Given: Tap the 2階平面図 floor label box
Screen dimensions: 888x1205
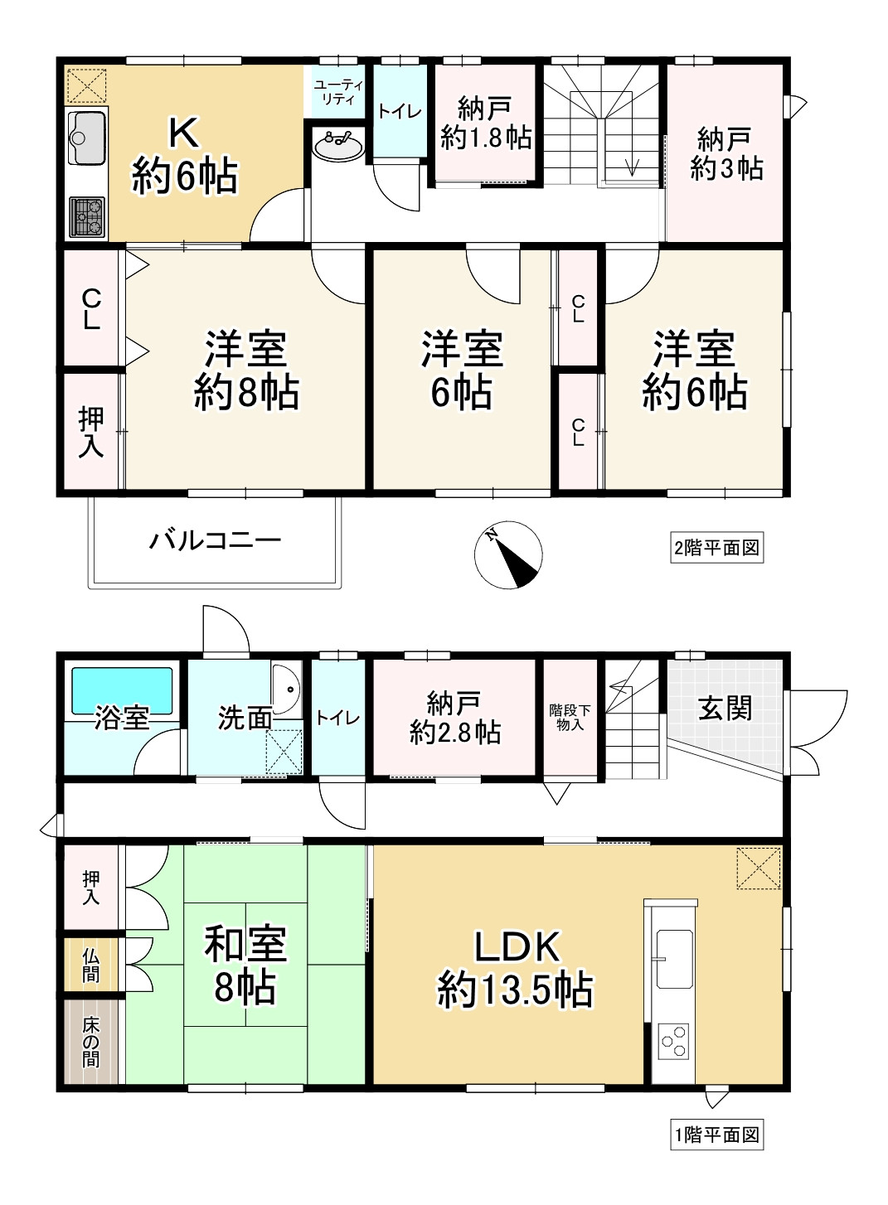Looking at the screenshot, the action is [717, 548].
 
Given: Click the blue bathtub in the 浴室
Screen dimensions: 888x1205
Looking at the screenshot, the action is [122, 690].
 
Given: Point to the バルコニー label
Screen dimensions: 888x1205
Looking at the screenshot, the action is [216, 540].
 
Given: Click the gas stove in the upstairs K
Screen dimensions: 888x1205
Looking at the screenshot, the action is [87, 217].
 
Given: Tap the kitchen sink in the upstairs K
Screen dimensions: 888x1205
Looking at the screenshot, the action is [87, 138].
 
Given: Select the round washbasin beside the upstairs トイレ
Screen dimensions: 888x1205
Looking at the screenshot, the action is [338, 146].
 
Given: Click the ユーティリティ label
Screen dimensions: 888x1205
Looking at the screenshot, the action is [339, 92].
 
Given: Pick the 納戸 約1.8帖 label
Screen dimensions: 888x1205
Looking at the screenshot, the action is [486, 123].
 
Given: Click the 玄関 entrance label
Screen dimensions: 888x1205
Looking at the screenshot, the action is [725, 708].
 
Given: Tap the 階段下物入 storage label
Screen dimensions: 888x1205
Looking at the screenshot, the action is [570, 717].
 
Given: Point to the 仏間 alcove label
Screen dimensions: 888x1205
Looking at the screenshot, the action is [91, 965].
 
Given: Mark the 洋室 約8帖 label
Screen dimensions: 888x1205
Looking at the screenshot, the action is [246, 370].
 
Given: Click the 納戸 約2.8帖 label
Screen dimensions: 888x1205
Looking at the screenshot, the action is [455, 717].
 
